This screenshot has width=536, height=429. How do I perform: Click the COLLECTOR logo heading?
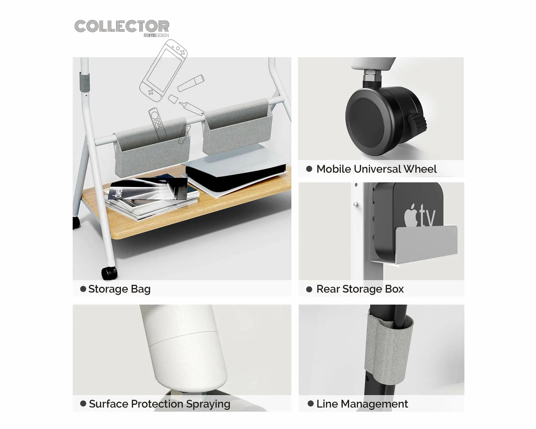point(122,26)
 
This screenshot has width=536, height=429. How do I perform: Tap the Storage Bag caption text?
point(119,289)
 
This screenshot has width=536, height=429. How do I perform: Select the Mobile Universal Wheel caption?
point(377,169)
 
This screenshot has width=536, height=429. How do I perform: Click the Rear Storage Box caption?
point(360,289)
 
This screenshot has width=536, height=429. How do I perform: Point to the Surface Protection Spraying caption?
point(159,404)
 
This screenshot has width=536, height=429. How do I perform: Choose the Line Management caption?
point(362,404)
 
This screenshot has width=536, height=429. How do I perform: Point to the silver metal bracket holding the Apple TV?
point(414,244)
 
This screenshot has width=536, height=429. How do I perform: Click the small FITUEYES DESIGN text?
point(156,35)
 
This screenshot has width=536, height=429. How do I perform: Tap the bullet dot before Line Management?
point(311,404)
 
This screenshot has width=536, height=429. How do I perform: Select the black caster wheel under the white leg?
point(109,273)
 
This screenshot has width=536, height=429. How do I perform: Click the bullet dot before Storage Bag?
point(83,289)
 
